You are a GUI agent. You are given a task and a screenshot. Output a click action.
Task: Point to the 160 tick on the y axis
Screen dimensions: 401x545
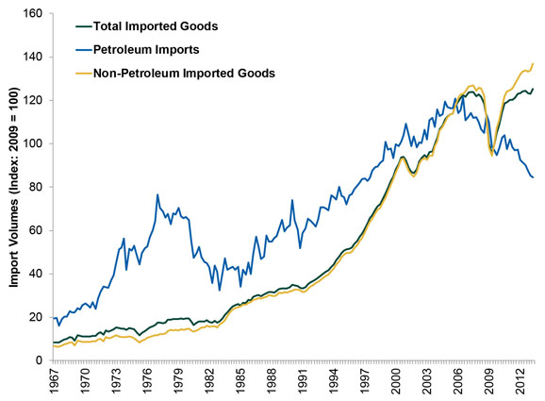34,14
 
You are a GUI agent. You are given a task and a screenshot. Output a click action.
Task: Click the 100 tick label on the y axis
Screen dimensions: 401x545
34,144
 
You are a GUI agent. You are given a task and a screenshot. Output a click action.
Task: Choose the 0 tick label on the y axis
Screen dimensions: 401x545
41,360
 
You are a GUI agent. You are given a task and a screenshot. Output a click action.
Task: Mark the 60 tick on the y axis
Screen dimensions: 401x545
37,230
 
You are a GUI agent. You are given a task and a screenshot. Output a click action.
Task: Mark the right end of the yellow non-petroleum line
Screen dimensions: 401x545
534,63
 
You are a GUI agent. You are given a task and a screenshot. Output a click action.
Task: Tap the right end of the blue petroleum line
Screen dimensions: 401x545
534,177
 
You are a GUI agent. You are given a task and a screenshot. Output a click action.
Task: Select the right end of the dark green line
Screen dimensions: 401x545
534,90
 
